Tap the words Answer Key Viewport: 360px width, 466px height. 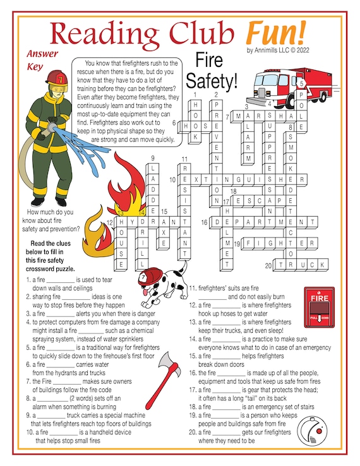[42, 60]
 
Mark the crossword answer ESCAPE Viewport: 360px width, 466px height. [255, 201]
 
